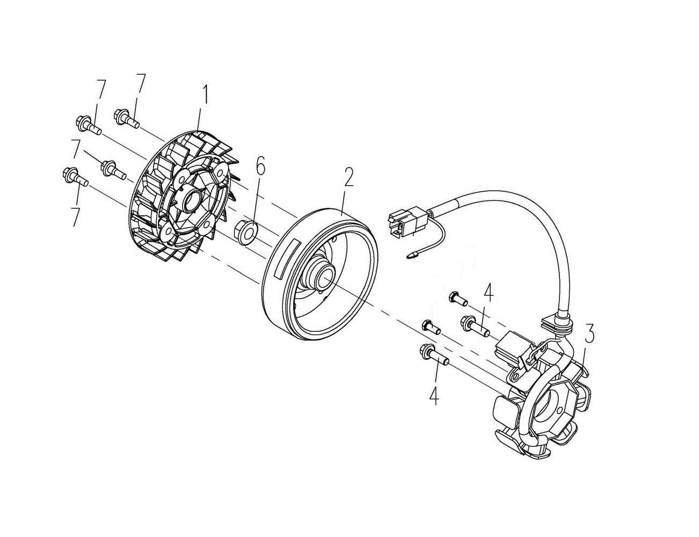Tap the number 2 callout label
point(348,178)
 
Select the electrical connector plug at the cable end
point(407,220)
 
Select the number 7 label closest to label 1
point(140,84)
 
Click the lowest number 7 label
point(76,217)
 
